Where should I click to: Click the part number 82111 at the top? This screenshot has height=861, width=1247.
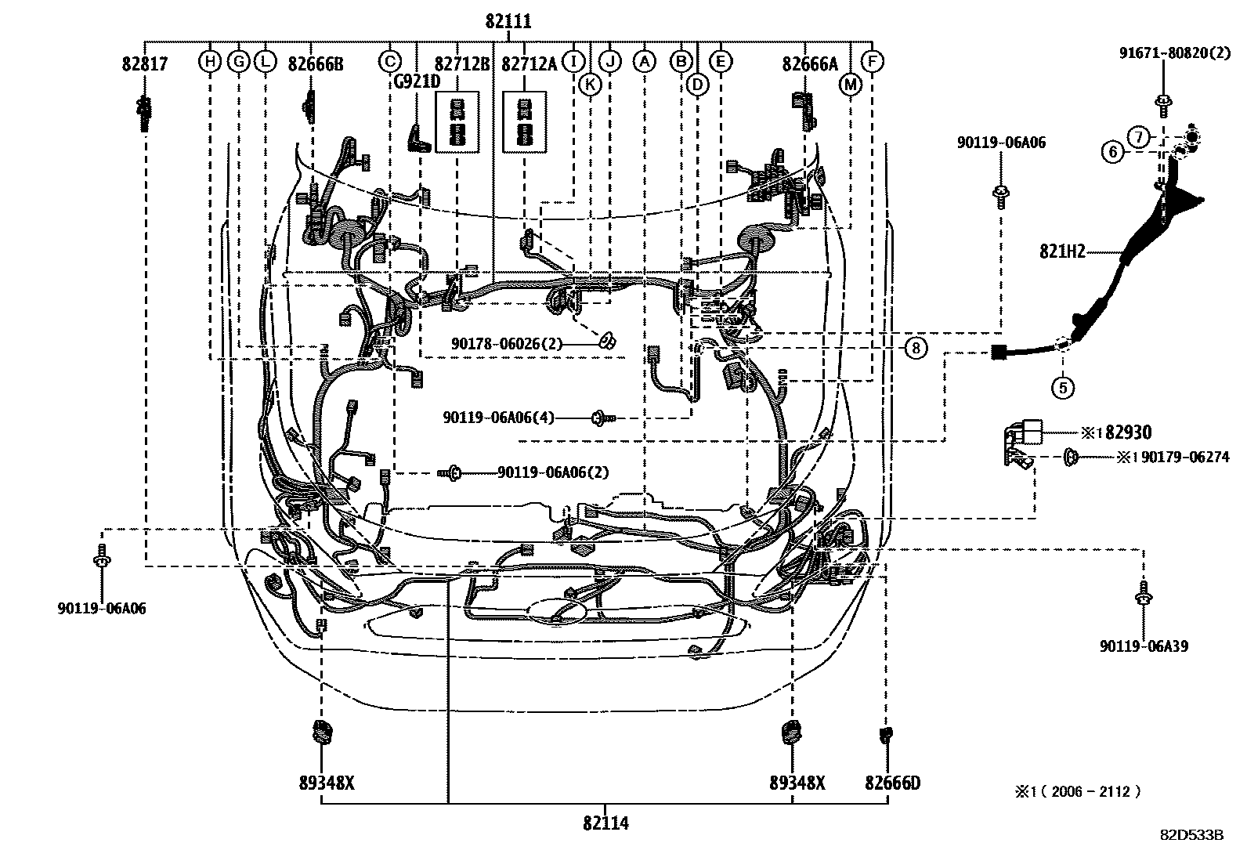point(508,22)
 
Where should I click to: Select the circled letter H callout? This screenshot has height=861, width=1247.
point(210,61)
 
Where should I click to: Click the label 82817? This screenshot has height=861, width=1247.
point(144,63)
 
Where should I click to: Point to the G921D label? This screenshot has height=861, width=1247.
point(417,81)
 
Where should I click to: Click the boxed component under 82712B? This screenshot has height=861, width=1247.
point(457,121)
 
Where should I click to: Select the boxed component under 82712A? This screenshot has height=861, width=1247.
point(524,121)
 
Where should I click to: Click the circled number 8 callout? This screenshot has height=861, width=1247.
point(916,347)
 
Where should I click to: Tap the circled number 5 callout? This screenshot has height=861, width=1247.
point(1062,386)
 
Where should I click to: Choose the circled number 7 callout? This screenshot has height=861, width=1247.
point(1139,137)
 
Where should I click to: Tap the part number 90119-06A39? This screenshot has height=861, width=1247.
point(1143,646)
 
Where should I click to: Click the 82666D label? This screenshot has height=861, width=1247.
point(892,783)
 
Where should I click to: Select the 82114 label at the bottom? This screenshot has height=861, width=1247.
point(605,823)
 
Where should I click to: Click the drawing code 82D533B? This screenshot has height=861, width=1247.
point(1191,834)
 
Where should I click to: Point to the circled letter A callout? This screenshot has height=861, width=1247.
point(644,61)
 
